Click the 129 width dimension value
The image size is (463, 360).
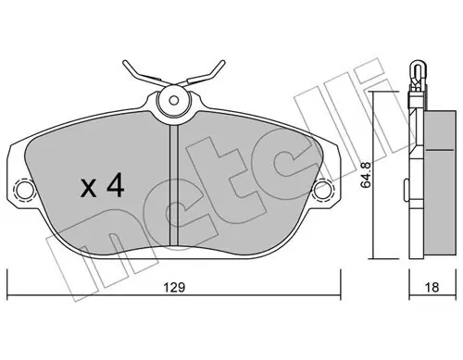coord(174,288)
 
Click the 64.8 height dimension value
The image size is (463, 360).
coord(367,175)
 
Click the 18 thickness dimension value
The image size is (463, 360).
coord(432,288)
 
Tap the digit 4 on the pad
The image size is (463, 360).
coord(116,185)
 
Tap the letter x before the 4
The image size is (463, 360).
coord(88,189)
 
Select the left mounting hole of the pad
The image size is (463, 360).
coord(24,189)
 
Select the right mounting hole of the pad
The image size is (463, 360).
coord(322,189)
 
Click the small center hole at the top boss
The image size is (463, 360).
coord(174,100)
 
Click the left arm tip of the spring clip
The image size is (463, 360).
coord(124,62)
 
